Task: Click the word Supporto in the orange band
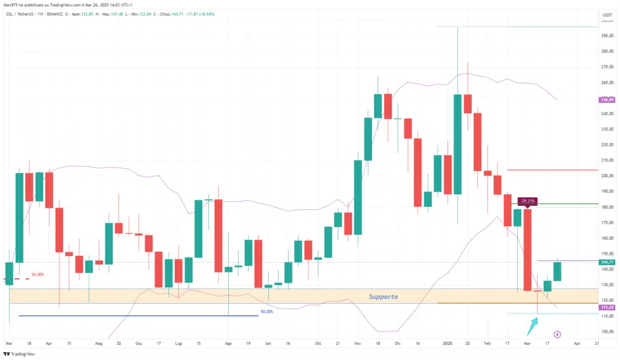pyautogui.click(x=383, y=296)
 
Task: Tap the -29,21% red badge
pyautogui.click(x=527, y=201)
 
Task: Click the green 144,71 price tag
pyautogui.click(x=607, y=262)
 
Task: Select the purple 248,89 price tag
pyautogui.click(x=607, y=99)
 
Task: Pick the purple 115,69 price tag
pyautogui.click(x=607, y=308)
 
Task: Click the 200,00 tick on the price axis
pyautogui.click(x=606, y=176)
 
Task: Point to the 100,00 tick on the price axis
pyautogui.click(x=606, y=332)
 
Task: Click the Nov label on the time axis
pyautogui.click(x=357, y=342)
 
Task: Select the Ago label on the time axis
pyautogui.click(x=228, y=342)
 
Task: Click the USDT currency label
pyautogui.click(x=607, y=14)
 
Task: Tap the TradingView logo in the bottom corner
pyautogui.click(x=19, y=354)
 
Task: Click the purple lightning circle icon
pyautogui.click(x=557, y=334)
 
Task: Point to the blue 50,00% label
pyautogui.click(x=266, y=312)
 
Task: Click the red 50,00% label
pyautogui.click(x=37, y=274)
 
